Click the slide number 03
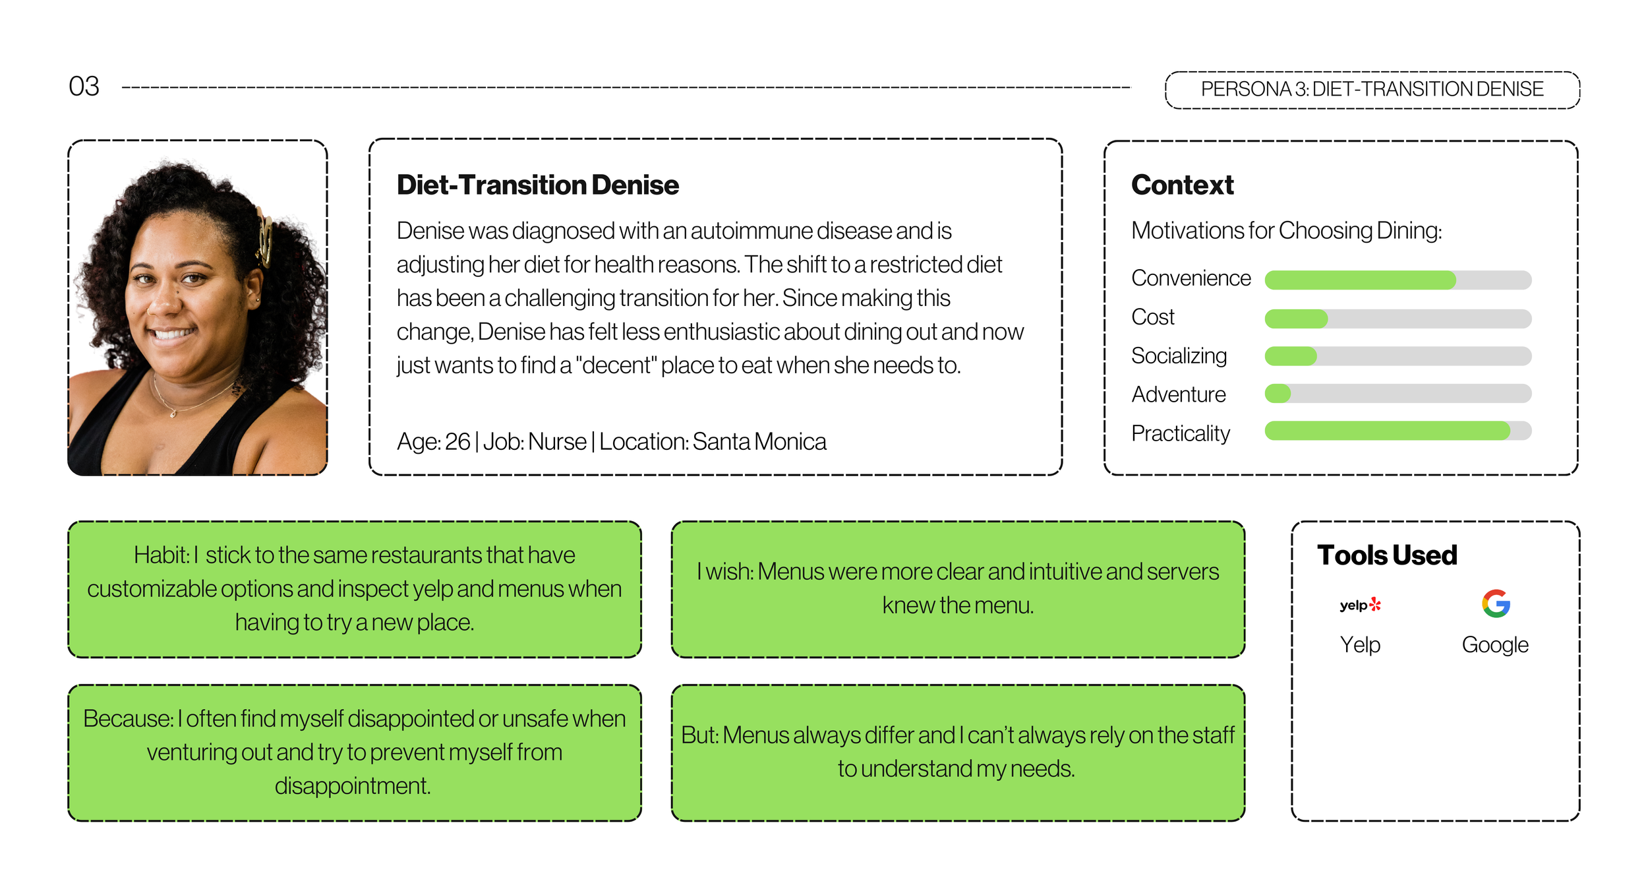click(x=84, y=86)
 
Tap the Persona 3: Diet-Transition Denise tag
click(x=1372, y=90)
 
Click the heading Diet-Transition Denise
click(x=537, y=185)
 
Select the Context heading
click(x=1182, y=185)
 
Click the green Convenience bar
click(x=1360, y=280)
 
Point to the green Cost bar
click(x=1296, y=319)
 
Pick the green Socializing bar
click(x=1291, y=356)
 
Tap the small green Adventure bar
click(x=1278, y=394)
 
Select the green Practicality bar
click(x=1387, y=431)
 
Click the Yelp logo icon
click(x=1360, y=605)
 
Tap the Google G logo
click(x=1496, y=603)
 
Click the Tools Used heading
click(x=1387, y=555)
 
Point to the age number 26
click(x=457, y=441)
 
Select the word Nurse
click(x=557, y=441)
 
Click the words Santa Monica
click(x=759, y=441)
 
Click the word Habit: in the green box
click(x=162, y=555)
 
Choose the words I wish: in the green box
click(x=725, y=572)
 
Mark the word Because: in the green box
click(x=128, y=719)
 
